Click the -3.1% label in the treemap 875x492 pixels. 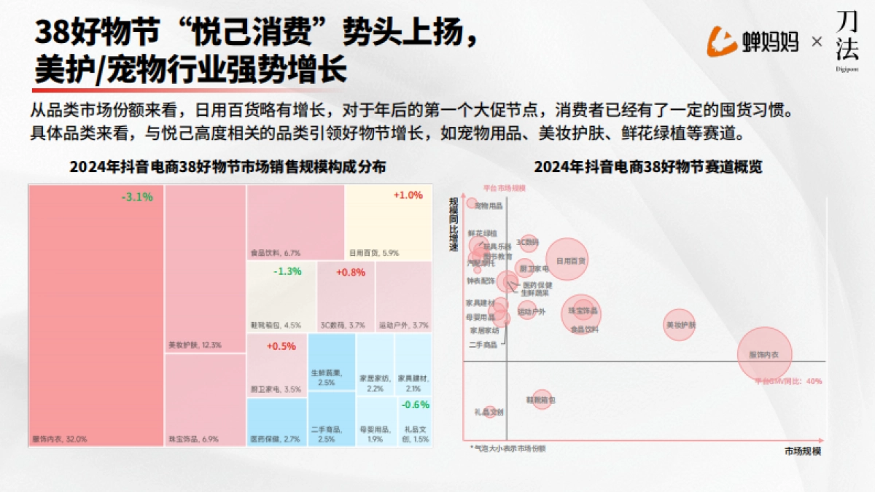tap(137, 197)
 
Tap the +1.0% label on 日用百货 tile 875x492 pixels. tap(408, 195)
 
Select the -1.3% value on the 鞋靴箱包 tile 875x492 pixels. tap(287, 272)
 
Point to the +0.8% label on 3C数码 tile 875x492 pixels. tap(351, 272)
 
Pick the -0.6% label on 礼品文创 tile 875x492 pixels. tap(416, 405)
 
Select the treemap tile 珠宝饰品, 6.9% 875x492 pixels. tap(205, 399)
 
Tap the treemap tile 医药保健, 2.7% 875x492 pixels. tap(277, 423)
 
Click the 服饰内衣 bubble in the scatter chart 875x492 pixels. tap(764, 354)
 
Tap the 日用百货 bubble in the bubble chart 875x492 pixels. tap(567, 259)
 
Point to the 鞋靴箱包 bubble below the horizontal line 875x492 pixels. tap(541, 399)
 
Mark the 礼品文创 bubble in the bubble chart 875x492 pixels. tap(489, 412)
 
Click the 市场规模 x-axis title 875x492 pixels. tap(803, 451)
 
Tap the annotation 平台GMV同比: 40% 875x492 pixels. tap(788, 380)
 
